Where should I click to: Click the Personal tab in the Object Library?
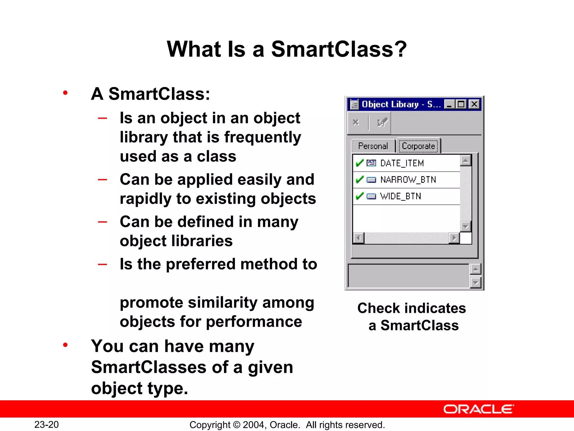[373, 146]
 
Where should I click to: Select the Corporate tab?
[418, 146]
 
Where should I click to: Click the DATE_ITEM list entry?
[402, 163]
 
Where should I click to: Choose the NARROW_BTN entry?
[408, 180]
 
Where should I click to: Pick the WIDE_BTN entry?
[400, 196]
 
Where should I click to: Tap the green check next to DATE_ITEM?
[359, 163]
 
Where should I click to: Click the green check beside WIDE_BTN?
[359, 196]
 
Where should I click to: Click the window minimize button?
[449, 105]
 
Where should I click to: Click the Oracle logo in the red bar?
[478, 409]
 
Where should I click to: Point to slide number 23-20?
[47, 425]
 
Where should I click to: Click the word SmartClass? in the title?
[339, 49]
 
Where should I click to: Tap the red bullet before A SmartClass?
[65, 93]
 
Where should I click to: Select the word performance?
[254, 322]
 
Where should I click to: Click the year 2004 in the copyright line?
[253, 425]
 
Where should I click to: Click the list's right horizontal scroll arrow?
[454, 238]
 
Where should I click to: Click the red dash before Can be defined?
[102, 222]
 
